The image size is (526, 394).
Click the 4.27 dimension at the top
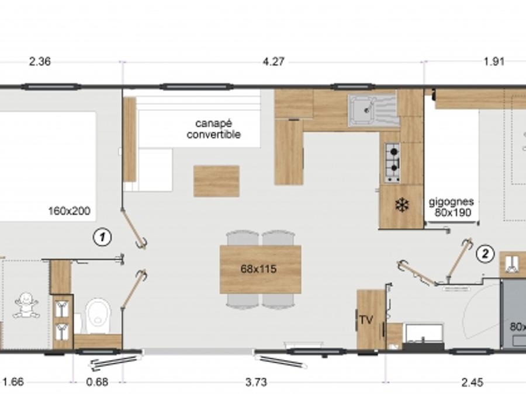coord(274,62)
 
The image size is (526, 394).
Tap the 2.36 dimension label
coord(40,62)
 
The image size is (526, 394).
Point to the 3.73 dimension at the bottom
coord(256,382)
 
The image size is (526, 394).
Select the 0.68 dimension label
coord(97,382)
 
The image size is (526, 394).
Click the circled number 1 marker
coord(102,237)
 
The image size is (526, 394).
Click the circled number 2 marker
coord(485,254)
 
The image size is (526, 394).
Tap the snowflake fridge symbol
coord(401,205)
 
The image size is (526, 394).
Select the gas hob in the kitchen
coord(392,163)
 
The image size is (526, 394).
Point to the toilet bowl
coord(98,316)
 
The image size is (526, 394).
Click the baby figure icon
coord(26,305)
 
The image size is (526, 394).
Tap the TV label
coord(366,320)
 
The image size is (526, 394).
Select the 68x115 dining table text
coord(259,269)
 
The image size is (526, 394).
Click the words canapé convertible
coord(214,129)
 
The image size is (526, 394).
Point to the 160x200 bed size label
coord(69,211)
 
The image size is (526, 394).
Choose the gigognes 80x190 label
coord(452,207)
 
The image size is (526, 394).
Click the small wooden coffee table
coord(216,181)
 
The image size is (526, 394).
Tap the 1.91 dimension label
coord(494,62)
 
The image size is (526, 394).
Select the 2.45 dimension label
coord(472,382)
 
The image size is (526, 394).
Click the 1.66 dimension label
coord(13,382)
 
